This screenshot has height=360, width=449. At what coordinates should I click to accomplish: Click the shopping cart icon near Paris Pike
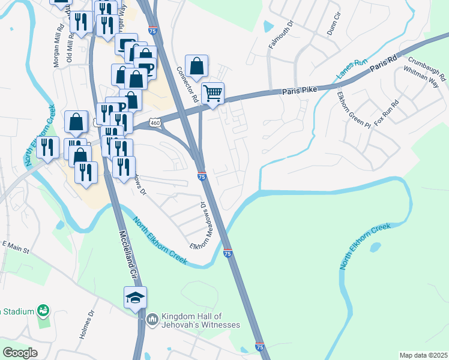(212, 94)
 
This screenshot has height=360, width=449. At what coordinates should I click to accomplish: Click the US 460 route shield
(155, 122)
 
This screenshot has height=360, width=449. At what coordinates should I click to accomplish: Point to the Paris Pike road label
(299, 91)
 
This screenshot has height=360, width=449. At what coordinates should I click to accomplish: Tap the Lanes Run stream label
(352, 69)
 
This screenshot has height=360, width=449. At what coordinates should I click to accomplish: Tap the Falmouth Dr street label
(282, 37)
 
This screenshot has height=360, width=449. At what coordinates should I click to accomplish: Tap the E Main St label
(16, 245)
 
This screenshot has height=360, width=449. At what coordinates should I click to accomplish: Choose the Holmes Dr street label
(86, 324)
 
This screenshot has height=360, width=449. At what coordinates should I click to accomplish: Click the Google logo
(20, 353)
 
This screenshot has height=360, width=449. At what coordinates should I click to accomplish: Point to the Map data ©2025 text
(423, 355)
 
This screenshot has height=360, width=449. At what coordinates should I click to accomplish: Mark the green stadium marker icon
(43, 311)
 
